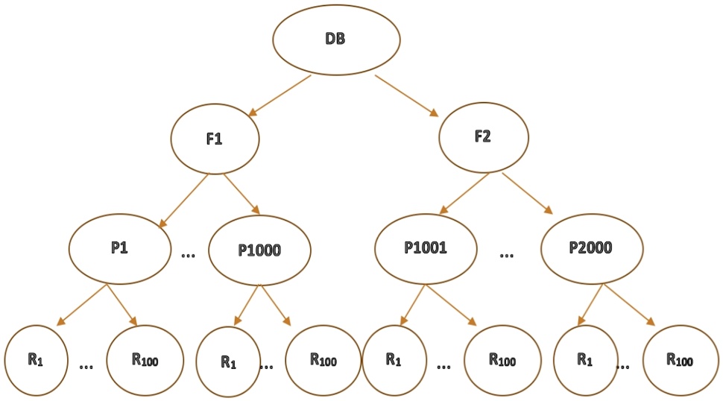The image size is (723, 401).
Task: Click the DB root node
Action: pyautogui.click(x=335, y=40)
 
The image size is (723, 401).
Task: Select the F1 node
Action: pyautogui.click(x=215, y=139)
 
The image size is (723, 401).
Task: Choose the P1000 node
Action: pyautogui.click(x=259, y=250)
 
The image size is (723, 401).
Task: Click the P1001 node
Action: pyautogui.click(x=426, y=249)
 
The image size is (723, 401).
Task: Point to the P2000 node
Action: pyautogui.click(x=592, y=249)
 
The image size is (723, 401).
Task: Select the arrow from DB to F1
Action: pyautogui.click(x=280, y=95)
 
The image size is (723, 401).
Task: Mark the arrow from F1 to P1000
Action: pyautogui.click(x=241, y=197)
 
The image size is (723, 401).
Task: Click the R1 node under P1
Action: pyautogui.click(x=35, y=359)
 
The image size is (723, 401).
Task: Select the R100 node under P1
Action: pyautogui.click(x=145, y=359)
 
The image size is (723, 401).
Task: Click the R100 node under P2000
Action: pyautogui.click(x=680, y=361)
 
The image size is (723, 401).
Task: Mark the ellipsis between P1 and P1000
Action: pyautogui.click(x=189, y=256)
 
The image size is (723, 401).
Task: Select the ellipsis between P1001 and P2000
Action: pyautogui.click(x=507, y=256)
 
